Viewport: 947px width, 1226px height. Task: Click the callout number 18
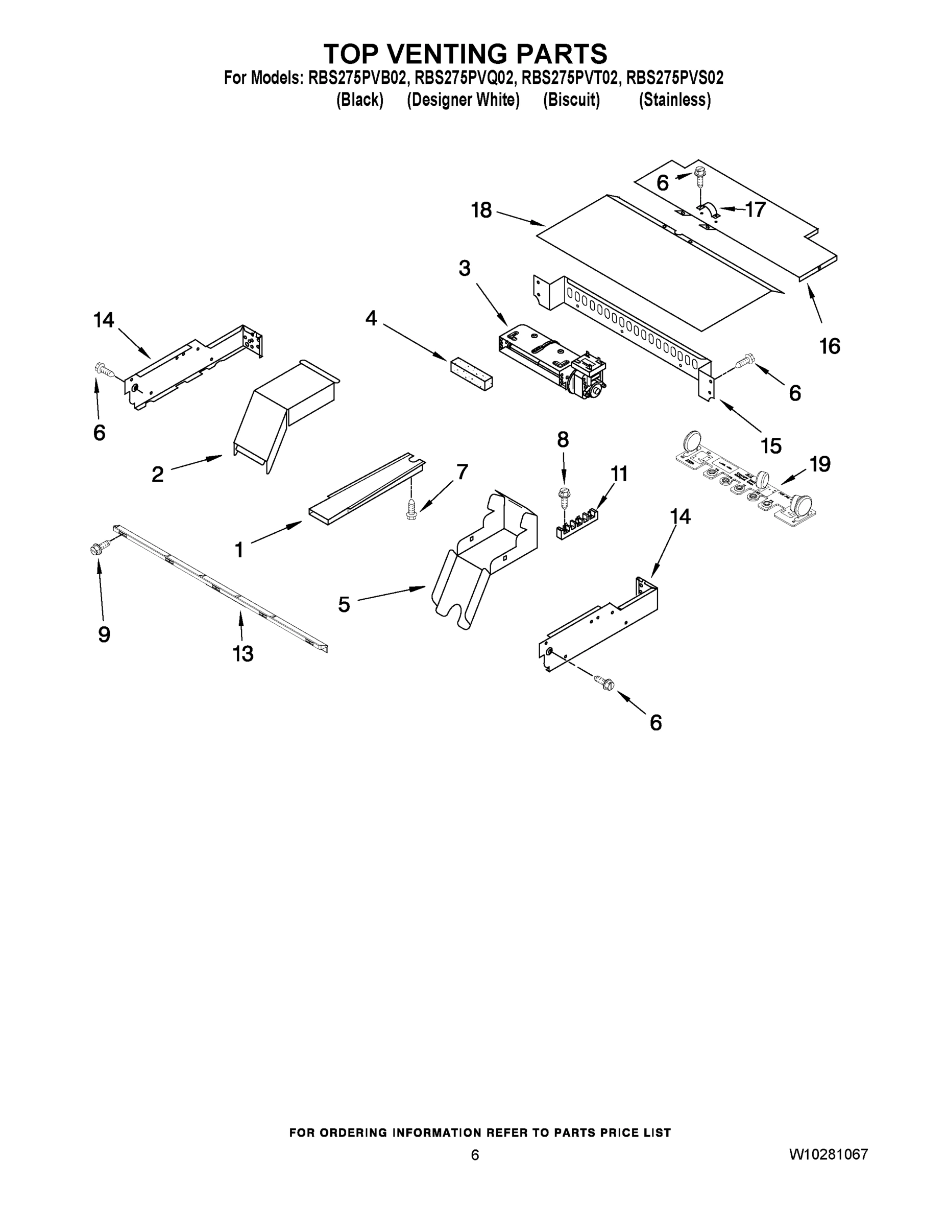[x=481, y=210]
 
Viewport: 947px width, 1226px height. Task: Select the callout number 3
[x=465, y=268]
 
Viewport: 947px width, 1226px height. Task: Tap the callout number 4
[x=371, y=318]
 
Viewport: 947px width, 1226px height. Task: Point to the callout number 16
[x=830, y=346]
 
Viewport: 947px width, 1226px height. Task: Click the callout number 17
[x=755, y=209]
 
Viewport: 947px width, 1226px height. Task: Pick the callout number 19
[x=820, y=464]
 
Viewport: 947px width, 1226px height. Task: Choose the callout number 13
[x=243, y=653]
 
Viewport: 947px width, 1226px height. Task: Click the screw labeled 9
[x=96, y=548]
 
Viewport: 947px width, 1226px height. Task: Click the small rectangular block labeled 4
[x=472, y=373]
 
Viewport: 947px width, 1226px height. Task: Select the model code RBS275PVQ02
[x=465, y=78]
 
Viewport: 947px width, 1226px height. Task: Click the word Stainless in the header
[x=675, y=100]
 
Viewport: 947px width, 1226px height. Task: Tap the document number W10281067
[x=828, y=1154]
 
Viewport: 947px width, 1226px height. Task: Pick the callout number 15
[x=771, y=446]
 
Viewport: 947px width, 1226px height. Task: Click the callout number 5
[x=344, y=605]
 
